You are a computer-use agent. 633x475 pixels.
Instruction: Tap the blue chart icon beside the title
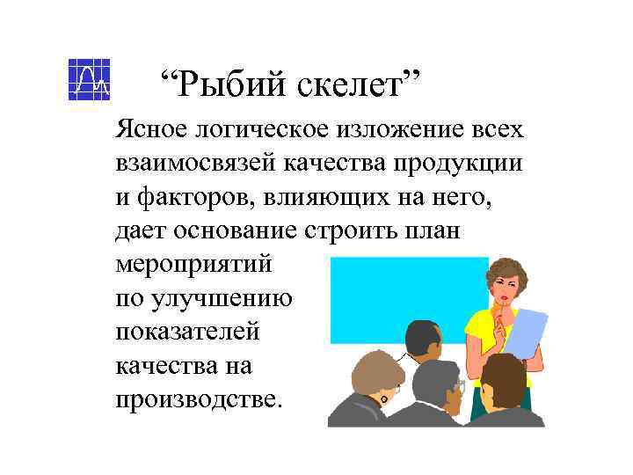89,78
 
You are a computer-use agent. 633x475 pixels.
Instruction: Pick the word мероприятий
194,264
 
